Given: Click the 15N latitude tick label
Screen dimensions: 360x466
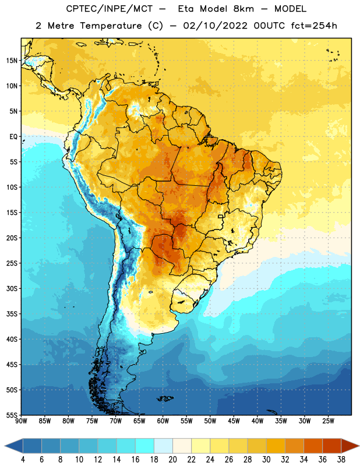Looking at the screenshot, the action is [x=12, y=61].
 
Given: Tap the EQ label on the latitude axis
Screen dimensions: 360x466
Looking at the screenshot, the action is [x=13, y=137].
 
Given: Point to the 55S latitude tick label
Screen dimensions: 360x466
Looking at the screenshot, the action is [x=12, y=415].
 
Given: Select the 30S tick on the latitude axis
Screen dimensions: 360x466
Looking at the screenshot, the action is [x=12, y=288].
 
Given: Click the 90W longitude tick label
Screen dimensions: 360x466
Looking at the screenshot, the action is [x=21, y=421].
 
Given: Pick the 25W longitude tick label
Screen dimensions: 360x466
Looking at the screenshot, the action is [x=328, y=421].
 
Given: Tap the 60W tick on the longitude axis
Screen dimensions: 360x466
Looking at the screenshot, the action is [x=163, y=421].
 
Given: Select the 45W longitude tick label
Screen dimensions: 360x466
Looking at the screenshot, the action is [x=234, y=421].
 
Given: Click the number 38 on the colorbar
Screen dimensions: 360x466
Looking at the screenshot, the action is [x=341, y=460].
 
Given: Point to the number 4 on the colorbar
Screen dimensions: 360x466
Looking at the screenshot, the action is [x=23, y=460].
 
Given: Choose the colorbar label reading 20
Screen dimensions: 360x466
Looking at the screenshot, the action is [x=172, y=460].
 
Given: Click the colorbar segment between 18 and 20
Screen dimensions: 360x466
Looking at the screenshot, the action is [x=163, y=446].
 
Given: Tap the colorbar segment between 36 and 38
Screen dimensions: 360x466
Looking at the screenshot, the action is [x=332, y=446].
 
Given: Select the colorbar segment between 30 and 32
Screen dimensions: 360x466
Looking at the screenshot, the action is [x=276, y=446].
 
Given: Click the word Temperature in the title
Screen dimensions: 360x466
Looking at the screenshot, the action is [x=111, y=26].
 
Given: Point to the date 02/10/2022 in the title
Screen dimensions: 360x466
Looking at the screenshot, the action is [x=215, y=26].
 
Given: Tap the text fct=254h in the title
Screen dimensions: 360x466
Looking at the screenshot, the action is [x=314, y=26].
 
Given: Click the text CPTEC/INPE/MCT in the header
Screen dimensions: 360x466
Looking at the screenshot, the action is [x=109, y=9].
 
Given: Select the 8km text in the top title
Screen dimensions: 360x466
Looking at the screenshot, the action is [x=243, y=9].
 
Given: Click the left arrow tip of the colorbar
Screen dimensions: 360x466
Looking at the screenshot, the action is [x=5, y=446].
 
